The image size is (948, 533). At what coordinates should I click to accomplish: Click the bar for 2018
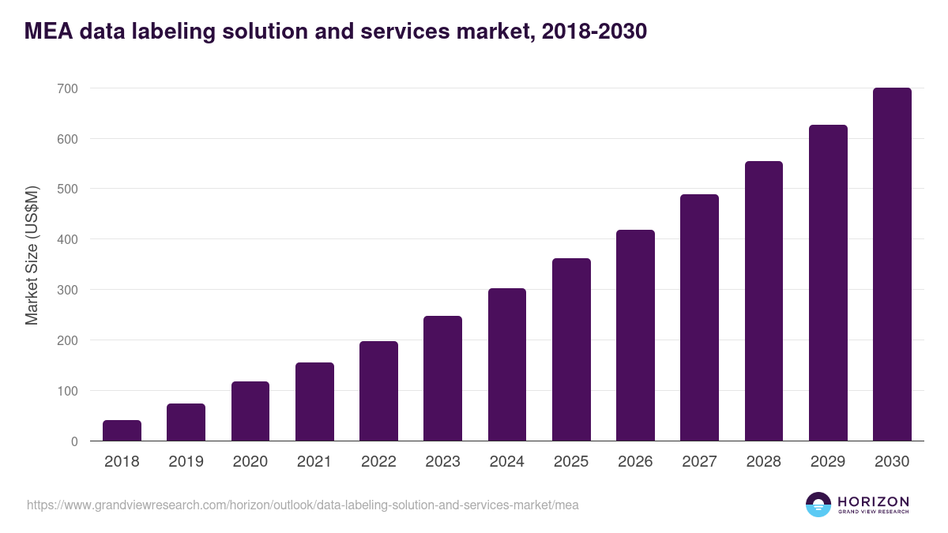pos(122,430)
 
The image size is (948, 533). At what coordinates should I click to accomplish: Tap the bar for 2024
pos(507,364)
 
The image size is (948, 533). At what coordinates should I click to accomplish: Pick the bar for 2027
pos(699,317)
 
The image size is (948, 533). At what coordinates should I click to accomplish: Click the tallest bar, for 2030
pos(892,264)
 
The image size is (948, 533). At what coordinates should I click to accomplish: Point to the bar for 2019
pos(186,422)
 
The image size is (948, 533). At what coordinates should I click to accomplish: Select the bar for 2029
pos(828,283)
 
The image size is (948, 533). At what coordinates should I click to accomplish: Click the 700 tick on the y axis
pos(67,88)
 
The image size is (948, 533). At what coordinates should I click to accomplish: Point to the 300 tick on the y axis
pos(67,290)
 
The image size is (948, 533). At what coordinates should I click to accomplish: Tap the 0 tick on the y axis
pos(74,441)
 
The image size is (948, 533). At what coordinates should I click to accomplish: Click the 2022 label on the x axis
pos(378,462)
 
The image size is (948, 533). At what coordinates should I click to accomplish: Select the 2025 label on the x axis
pos(571,462)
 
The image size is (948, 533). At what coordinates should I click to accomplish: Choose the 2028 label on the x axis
pos(763,462)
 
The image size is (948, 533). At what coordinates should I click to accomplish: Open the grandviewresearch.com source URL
pos(303,505)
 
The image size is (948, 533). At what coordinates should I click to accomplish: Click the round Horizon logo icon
pos(818,505)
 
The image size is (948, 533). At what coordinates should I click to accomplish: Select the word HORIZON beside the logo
pos(873,501)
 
